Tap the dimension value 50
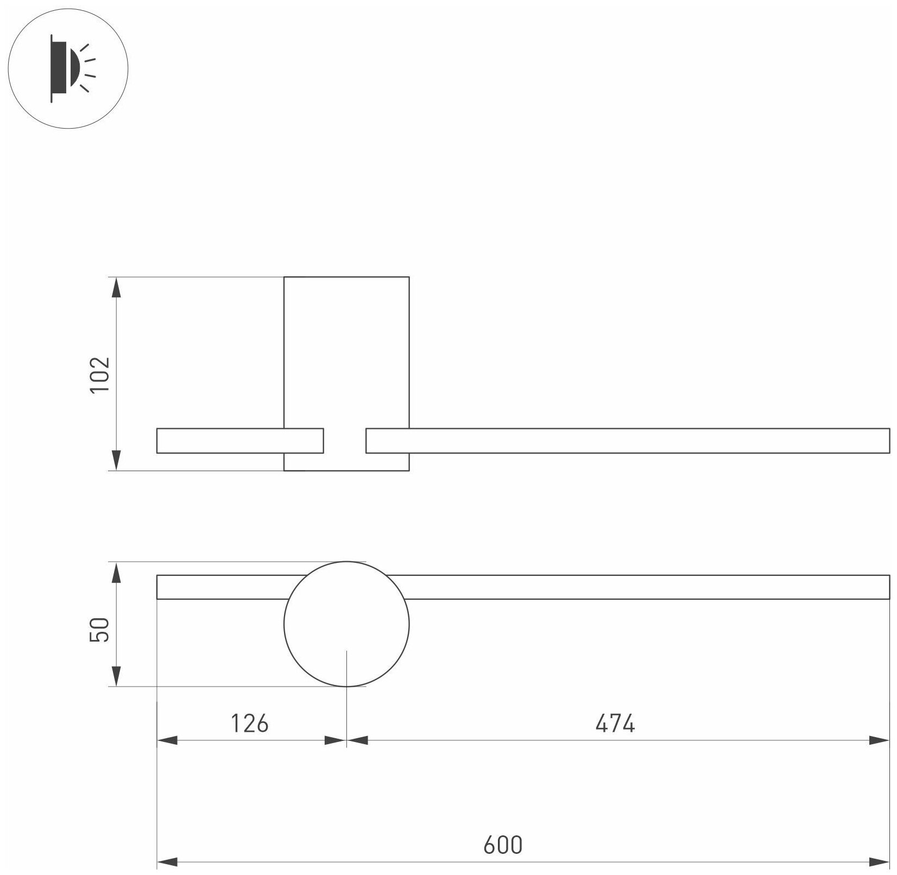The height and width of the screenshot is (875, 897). point(101,629)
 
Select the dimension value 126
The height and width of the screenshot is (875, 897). point(250,724)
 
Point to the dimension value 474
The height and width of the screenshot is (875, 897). point(615,724)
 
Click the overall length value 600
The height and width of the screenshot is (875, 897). point(503,845)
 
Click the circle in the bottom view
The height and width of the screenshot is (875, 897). point(346,624)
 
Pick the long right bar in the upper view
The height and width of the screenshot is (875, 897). point(627,440)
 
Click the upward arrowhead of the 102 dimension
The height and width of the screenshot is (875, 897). point(116,288)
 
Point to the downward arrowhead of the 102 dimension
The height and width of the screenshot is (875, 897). point(116,460)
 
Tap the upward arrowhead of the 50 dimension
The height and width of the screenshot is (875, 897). point(116,572)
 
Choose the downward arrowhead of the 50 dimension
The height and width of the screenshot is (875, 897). point(116,676)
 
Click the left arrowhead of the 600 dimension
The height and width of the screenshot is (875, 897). point(167,861)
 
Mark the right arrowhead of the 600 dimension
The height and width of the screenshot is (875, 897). point(880,861)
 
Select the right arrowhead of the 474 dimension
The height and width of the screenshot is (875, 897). point(880,740)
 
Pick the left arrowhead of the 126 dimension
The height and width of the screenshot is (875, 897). point(167,740)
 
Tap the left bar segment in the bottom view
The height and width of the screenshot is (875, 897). point(223,587)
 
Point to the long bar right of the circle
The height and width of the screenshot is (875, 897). point(646,587)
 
